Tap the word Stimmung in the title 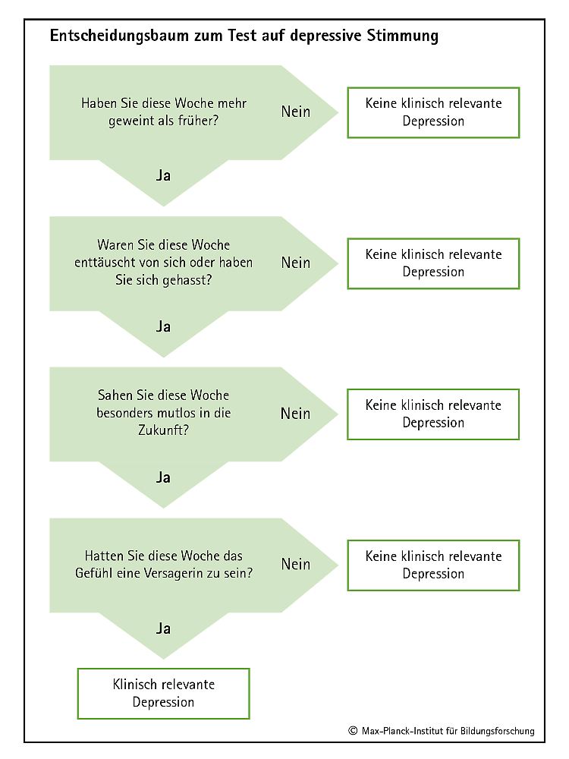(x=403, y=36)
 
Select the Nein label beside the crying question (x=296, y=112)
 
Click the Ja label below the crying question (x=164, y=175)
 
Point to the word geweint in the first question (x=127, y=121)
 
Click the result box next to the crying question (x=433, y=113)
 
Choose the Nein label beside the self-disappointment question (x=296, y=263)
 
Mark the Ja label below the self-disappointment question (x=164, y=326)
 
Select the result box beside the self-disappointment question (x=433, y=264)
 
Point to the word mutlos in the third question (x=177, y=413)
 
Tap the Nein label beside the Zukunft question (x=296, y=414)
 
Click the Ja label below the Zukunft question (x=164, y=477)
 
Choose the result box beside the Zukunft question (x=433, y=414)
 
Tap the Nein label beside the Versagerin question (x=296, y=565)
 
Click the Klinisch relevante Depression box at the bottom (x=164, y=694)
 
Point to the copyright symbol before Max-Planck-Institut (x=353, y=731)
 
